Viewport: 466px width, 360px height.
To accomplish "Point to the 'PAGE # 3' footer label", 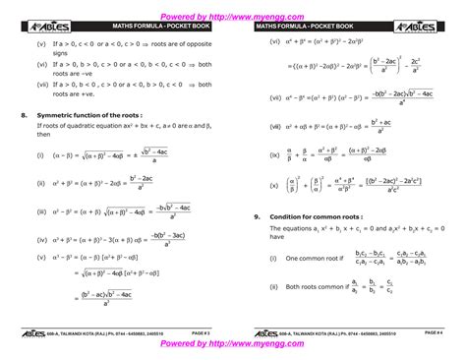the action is (201, 333).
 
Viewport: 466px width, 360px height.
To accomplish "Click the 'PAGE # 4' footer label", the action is (433, 333).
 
